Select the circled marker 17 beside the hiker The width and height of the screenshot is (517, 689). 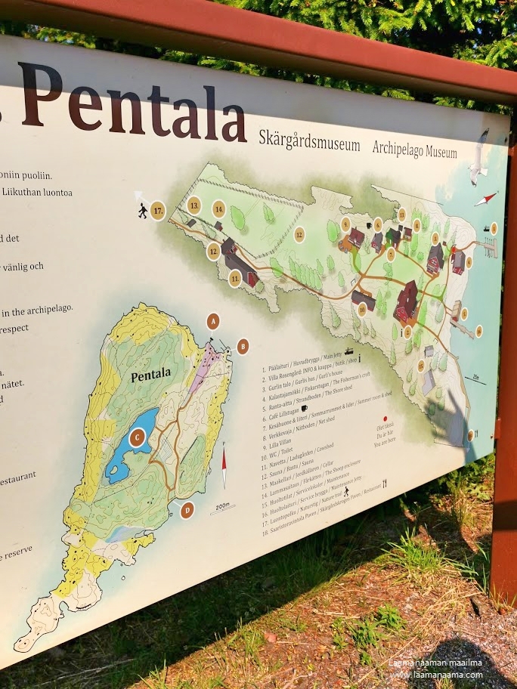coord(158,210)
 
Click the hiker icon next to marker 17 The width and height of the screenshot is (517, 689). coord(141,211)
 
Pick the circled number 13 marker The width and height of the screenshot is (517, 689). coord(194,205)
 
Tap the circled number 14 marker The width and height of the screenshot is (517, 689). coord(219,209)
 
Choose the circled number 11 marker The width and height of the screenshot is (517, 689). coord(235,279)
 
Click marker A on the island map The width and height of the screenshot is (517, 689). coord(213,322)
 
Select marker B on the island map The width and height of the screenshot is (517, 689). coord(243,346)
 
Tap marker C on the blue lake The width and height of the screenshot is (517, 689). coord(137,437)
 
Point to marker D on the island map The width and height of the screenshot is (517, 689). coord(187,510)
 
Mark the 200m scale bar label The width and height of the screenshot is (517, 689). coord(221,505)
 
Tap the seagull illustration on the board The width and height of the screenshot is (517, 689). coord(478,160)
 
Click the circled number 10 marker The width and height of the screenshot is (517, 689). coord(362,308)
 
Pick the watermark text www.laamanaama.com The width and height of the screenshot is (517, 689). coord(437,675)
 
